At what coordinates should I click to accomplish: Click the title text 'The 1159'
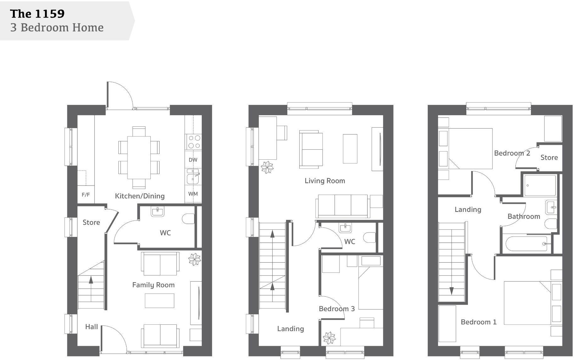coord(37,14)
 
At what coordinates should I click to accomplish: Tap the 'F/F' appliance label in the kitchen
coord(86,195)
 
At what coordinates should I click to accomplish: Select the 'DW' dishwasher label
coord(193,160)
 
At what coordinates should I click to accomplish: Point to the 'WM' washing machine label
coord(193,194)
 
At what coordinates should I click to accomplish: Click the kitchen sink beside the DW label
coord(192,178)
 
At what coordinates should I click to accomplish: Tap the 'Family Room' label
coord(153,285)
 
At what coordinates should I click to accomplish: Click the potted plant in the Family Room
coord(194,260)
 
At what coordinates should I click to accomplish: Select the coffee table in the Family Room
coord(159,300)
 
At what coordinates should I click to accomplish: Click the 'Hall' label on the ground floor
coord(91,327)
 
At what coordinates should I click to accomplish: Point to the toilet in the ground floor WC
coord(188,219)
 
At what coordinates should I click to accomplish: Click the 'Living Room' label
coord(324,181)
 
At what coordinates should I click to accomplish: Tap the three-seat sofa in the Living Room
coord(343,205)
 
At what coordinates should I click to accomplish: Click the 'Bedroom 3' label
coord(336,309)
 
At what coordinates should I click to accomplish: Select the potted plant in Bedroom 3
coord(329,338)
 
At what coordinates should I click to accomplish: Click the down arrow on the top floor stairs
coord(451,290)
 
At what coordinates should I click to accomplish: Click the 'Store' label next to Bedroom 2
coord(549,157)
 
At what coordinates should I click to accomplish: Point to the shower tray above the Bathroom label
coord(540,186)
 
